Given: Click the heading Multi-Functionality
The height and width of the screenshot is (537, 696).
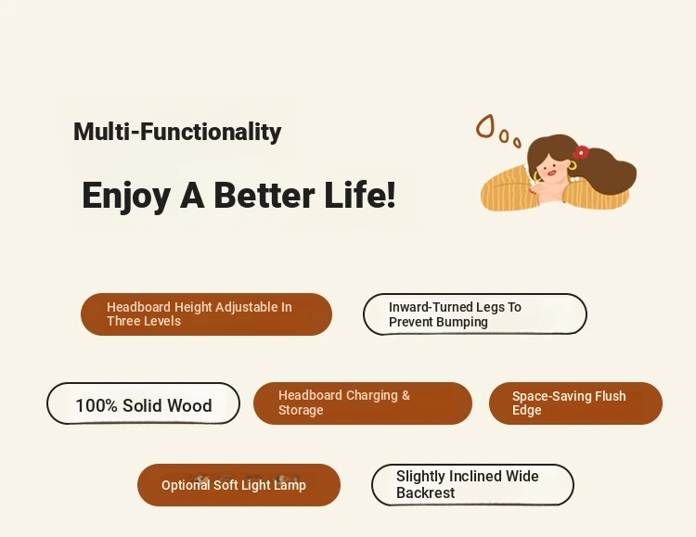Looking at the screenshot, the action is (x=177, y=132).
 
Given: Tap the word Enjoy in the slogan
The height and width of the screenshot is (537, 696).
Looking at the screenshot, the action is (x=126, y=196).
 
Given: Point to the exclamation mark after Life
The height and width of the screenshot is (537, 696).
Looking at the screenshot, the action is (x=391, y=194).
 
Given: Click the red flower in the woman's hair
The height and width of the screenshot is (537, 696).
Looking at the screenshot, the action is (x=581, y=152).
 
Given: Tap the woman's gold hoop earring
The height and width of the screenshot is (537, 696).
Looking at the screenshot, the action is (x=573, y=166).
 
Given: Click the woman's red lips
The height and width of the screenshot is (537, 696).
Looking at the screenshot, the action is (x=552, y=173).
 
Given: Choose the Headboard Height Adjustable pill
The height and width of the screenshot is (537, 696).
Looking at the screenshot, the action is (x=206, y=314).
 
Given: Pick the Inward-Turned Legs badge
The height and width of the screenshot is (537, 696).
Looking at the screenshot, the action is (x=475, y=314).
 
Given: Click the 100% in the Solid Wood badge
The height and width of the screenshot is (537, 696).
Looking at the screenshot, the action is (x=97, y=405).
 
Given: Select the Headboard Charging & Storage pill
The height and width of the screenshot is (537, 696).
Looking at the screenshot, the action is (x=363, y=403).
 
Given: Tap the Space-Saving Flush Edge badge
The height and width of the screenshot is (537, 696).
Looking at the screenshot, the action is (x=575, y=403).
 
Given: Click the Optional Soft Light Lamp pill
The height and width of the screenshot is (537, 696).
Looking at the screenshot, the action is (x=238, y=485).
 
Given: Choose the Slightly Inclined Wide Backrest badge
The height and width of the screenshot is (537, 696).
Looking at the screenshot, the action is (x=472, y=485).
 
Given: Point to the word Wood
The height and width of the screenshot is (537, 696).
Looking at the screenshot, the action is (x=189, y=405).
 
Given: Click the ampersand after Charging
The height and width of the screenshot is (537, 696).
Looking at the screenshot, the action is (x=406, y=395).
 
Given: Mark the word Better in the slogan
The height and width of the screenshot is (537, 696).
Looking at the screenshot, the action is (x=264, y=195).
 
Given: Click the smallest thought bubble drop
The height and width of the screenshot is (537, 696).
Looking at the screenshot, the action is (x=517, y=143).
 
